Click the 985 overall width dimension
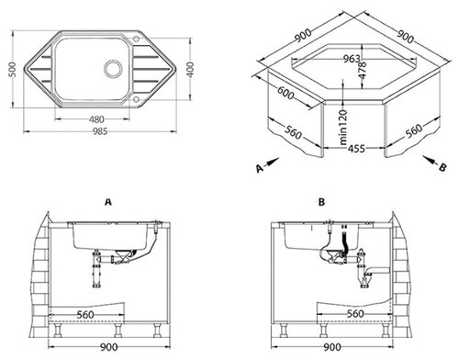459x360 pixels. [x=100, y=131]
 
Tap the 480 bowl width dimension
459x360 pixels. [x=96, y=119]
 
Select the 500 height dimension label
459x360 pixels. [x=12, y=70]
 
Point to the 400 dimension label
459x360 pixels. [x=190, y=69]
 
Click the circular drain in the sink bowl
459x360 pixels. [x=114, y=68]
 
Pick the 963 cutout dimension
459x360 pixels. [x=352, y=59]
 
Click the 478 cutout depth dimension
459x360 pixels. [x=363, y=71]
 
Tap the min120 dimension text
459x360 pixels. [x=343, y=127]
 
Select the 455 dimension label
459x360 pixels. [x=356, y=149]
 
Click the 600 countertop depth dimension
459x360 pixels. [x=285, y=93]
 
